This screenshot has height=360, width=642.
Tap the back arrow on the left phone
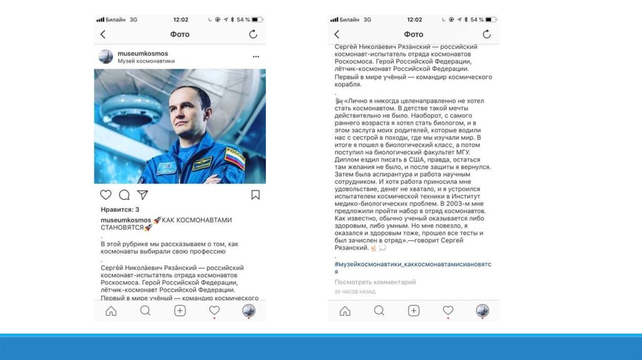pos(103,34)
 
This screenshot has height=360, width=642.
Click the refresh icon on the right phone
pos(487,34)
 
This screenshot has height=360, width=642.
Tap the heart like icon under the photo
pos(106,194)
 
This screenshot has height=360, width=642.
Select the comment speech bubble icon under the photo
pos(124,194)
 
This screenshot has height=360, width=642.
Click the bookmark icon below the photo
pos(255,194)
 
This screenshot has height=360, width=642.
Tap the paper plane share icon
pos(142,194)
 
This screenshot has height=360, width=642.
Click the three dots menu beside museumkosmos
pos(256,56)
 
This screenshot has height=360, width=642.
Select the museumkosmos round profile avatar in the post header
pos(106,57)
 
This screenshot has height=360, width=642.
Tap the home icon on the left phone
pos(111,310)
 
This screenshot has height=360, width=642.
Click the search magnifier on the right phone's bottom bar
pos(379,310)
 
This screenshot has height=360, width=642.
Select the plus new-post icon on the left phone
pos(180,310)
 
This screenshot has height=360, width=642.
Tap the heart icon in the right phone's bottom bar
pos(448,310)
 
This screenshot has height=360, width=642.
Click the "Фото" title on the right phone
pos(413,34)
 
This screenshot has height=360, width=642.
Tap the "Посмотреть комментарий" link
pos(375,282)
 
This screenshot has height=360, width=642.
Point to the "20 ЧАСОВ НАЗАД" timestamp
pos(355,292)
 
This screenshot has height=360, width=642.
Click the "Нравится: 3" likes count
pos(120,209)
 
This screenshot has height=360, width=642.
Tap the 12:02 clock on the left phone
pos(180,19)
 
